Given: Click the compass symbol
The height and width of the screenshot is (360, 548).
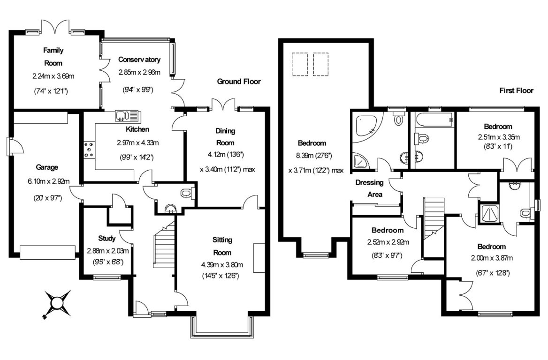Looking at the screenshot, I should tap(57, 304).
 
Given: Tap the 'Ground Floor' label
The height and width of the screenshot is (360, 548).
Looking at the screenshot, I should tap(238, 82).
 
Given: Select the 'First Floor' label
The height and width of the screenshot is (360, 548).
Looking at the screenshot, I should tap(516, 90).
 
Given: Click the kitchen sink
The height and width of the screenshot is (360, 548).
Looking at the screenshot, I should tap(127, 115).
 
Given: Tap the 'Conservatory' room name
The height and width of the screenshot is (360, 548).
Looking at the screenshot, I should tap(139, 60).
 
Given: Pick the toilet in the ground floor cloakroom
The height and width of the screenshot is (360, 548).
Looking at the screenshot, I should tap(187, 192).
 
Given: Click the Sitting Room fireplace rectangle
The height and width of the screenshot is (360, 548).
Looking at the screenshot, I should tap(258, 258).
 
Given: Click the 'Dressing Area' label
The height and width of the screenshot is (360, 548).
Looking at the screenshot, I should tap(369, 188).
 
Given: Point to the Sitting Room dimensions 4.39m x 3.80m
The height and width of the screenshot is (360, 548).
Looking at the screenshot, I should tap(222, 263).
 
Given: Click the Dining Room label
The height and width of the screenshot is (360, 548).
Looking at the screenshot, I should tap(225, 137).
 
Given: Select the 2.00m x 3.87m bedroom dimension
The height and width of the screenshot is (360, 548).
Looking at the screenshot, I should tap(491, 258).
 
